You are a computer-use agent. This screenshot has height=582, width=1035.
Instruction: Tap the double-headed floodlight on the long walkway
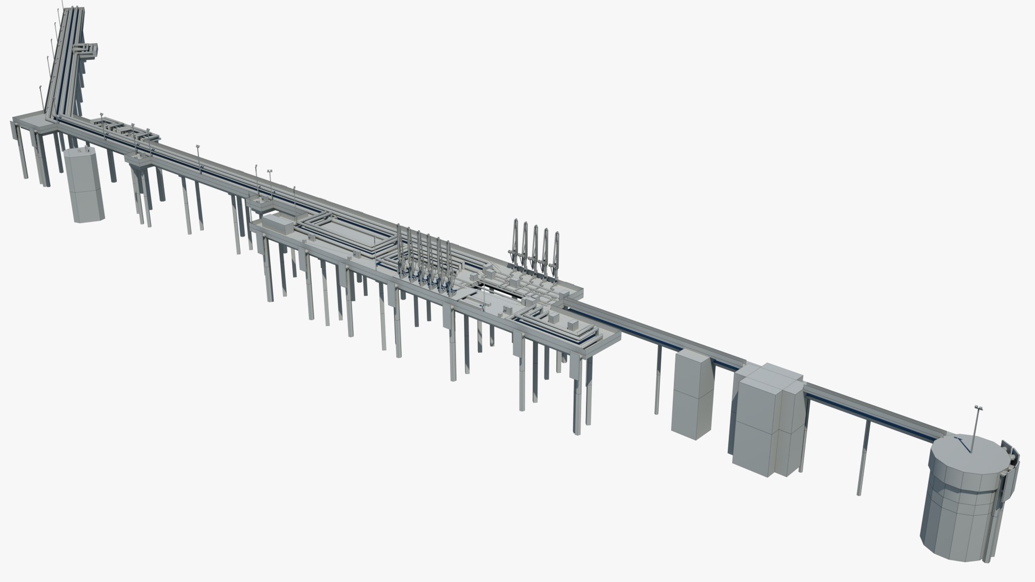click(x=270, y=171)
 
